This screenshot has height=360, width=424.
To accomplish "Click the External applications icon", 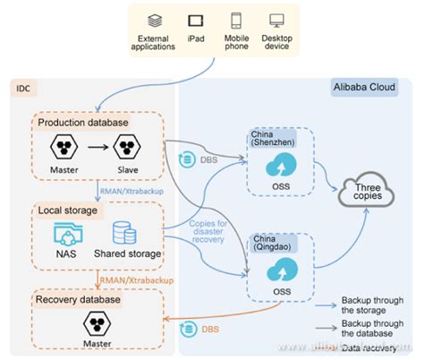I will point(155,19).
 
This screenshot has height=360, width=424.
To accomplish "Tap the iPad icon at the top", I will point(195,19).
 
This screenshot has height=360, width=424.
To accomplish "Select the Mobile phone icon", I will point(235,19).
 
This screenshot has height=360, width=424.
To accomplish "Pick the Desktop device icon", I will point(276,19).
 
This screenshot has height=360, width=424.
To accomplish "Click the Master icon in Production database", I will point(64,149).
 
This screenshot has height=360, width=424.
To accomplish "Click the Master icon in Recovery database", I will point(96,323).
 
